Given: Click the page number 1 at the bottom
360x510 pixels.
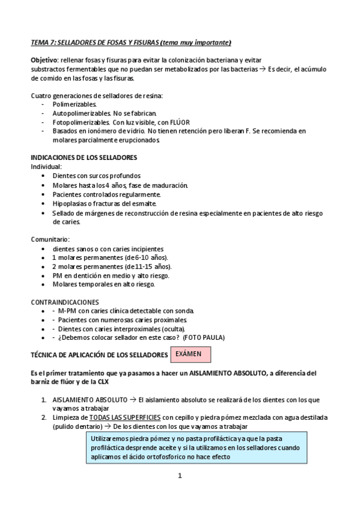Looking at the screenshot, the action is point(179,475).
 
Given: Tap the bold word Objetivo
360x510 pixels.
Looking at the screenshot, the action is point(44,61).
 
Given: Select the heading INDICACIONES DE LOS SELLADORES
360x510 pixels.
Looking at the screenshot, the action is point(84,158).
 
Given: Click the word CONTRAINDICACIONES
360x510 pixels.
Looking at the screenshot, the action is point(65,301).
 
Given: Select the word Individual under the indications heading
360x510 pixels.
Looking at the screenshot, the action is point(46,166).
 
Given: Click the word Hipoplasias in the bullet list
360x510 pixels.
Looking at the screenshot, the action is point(70,203).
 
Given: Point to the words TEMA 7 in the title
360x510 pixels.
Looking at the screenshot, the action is point(43,43).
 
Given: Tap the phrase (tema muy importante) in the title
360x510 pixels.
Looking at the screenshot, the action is point(197,43).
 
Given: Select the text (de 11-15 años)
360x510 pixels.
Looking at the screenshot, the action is point(147,266).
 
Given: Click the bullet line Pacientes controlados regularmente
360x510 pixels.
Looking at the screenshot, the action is point(106,194).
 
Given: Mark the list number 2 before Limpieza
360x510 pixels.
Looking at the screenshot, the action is point(43,417).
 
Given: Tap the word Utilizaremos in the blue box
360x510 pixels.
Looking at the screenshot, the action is point(111,439).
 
